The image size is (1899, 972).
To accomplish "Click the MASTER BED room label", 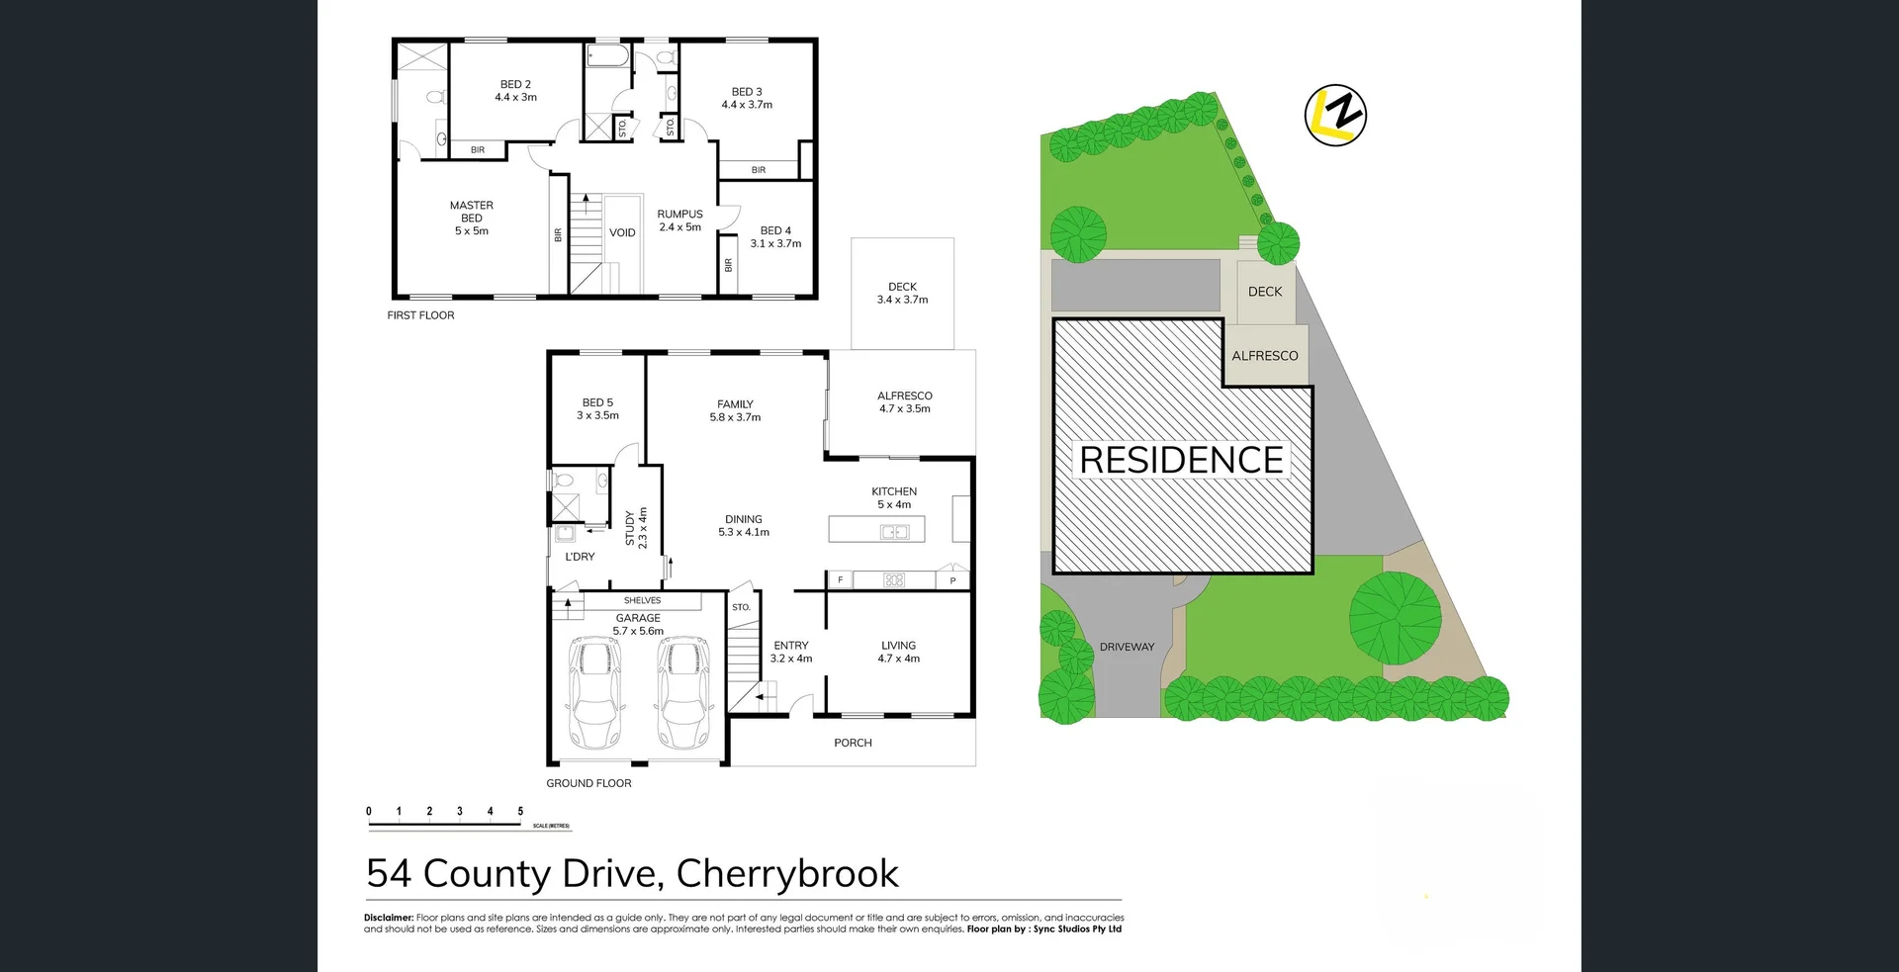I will [471, 218].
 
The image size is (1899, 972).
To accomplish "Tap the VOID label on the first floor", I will [622, 232].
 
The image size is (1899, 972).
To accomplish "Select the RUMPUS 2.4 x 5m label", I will [679, 221].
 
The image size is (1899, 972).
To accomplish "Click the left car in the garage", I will [594, 692].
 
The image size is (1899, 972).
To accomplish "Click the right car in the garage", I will [682, 692].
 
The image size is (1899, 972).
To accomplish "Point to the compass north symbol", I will [1335, 116].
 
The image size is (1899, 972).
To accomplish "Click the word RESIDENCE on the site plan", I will [1181, 460].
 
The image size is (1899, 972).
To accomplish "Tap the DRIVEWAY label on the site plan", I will [1127, 647].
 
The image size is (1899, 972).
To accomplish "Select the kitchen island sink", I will [894, 532].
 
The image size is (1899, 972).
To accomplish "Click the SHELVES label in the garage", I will [642, 600].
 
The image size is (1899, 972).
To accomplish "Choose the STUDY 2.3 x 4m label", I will [636, 528].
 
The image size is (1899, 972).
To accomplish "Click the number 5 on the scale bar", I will [520, 811].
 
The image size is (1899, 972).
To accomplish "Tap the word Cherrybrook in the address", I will [786, 873].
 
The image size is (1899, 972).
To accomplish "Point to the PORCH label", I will [853, 743].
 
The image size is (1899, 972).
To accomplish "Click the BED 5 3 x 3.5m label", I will [597, 408].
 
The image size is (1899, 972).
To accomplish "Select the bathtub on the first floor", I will [607, 55].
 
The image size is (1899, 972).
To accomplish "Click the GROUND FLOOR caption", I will [588, 783].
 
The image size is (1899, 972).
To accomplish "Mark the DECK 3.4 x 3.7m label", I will [902, 293].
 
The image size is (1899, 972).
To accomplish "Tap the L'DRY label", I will [580, 557].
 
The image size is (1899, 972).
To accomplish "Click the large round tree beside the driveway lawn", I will [1395, 617].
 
